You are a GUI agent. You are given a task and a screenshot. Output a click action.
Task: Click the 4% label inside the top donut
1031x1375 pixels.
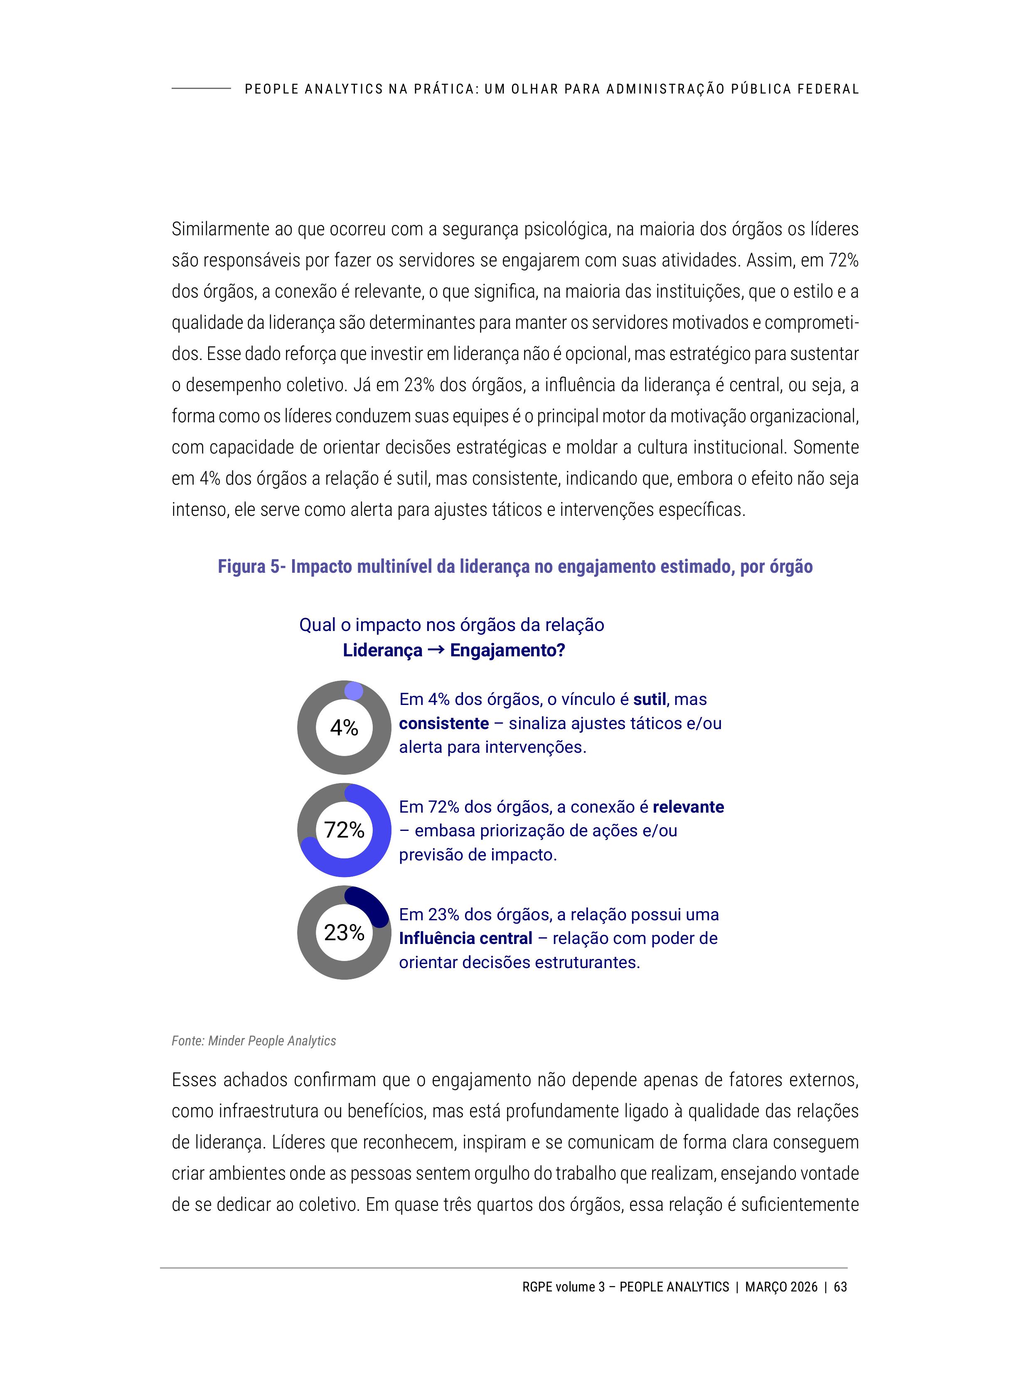(344, 727)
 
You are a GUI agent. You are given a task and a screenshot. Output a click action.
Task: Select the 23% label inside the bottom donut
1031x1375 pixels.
(344, 932)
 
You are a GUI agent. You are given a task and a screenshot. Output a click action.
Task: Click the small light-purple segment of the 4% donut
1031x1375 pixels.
(354, 690)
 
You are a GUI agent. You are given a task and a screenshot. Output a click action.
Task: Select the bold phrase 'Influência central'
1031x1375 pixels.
(465, 939)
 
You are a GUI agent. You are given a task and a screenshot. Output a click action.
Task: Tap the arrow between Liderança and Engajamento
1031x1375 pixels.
(436, 650)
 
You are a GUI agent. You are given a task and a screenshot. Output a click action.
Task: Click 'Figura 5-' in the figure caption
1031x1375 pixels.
(251, 567)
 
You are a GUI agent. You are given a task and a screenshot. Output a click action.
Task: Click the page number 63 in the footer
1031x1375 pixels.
(840, 1287)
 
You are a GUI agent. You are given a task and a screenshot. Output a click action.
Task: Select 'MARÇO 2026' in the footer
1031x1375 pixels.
(781, 1287)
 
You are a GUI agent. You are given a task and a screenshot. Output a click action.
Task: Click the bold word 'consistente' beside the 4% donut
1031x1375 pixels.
(444, 724)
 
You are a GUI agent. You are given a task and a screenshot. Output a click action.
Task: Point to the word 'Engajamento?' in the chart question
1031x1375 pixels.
(507, 651)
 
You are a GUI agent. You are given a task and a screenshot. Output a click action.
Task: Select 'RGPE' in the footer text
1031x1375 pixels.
(537, 1287)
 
